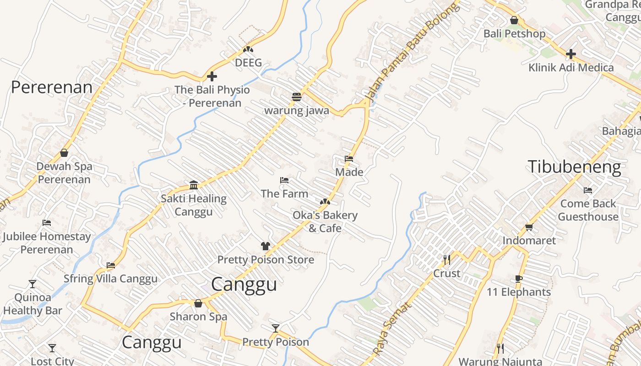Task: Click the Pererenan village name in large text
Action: [52, 87]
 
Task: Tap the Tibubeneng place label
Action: [574, 167]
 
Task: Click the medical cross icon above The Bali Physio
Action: [212, 76]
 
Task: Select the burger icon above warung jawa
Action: [297, 97]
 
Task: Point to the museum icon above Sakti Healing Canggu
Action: [194, 185]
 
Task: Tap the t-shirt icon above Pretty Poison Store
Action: [265, 246]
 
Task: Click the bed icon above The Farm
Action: [284, 180]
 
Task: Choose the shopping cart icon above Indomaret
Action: [529, 227]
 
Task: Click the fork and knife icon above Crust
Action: [447, 260]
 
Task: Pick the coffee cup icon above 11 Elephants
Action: [518, 279]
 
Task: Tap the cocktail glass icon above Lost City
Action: [52, 348]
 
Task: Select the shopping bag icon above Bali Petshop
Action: [514, 21]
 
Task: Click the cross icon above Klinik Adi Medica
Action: [570, 54]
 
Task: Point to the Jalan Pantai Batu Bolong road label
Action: [412, 50]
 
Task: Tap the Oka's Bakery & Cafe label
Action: [325, 221]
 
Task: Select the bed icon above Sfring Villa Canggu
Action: [110, 265]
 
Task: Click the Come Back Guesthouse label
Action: [588, 210]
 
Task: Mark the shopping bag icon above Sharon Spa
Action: [198, 303]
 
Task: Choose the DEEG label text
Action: [248, 63]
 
